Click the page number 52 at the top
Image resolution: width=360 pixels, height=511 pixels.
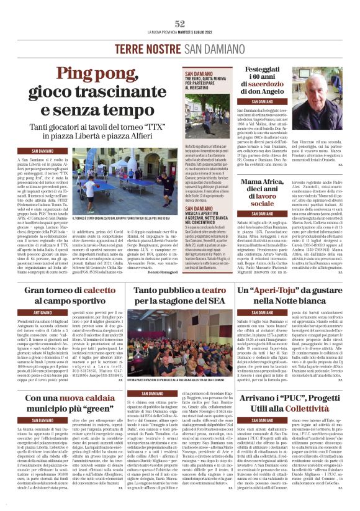point(180,24)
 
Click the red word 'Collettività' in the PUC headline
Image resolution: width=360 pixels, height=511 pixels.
point(314,409)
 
